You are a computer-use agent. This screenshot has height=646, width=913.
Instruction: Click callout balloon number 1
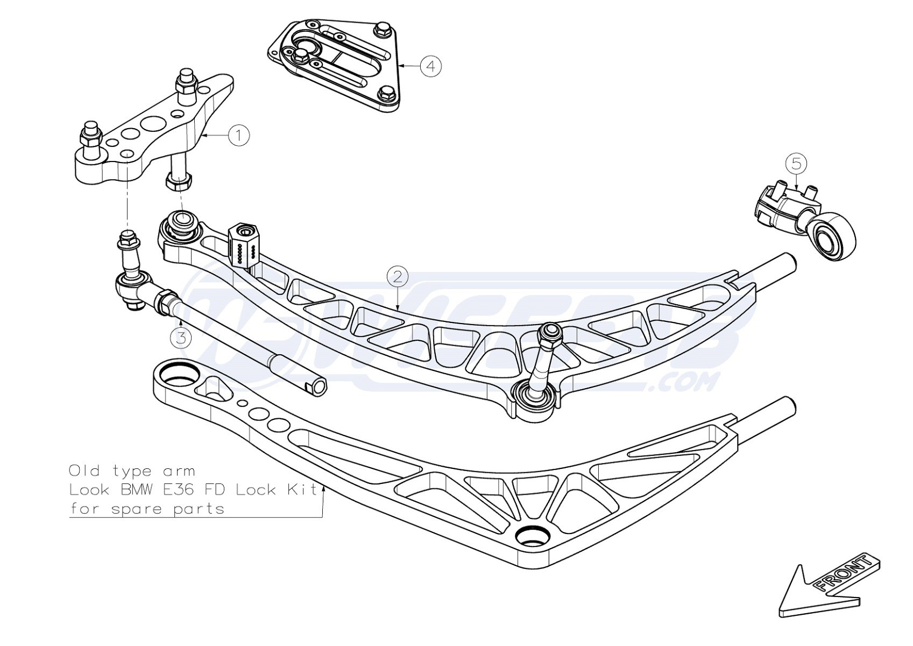point(238,135)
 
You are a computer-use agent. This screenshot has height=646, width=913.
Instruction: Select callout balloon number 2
point(398,277)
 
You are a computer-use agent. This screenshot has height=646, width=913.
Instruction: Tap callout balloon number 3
point(181,338)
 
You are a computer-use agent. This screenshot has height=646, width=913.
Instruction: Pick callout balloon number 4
point(430,66)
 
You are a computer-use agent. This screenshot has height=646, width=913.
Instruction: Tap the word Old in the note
point(84,471)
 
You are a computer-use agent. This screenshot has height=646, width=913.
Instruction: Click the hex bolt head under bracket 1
point(178,181)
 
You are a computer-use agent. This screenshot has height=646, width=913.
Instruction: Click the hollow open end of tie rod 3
point(319,387)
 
